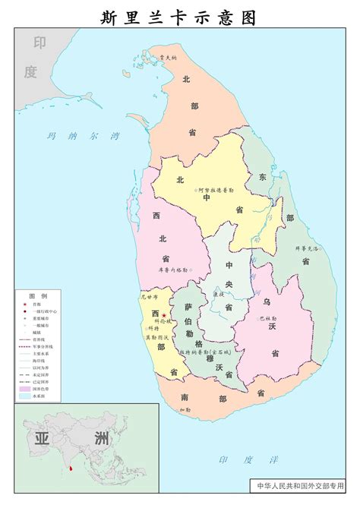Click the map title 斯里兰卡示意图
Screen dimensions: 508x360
pyautogui.click(x=179, y=17)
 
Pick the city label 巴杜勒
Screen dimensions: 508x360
pyautogui.click(x=268, y=318)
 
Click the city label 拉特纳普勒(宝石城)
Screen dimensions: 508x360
pyautogui.click(x=205, y=353)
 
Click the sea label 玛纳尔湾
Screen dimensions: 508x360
pyautogui.click(x=84, y=137)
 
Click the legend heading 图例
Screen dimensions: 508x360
pyautogui.click(x=38, y=295)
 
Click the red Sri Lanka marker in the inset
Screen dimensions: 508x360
pyautogui.click(x=71, y=469)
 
